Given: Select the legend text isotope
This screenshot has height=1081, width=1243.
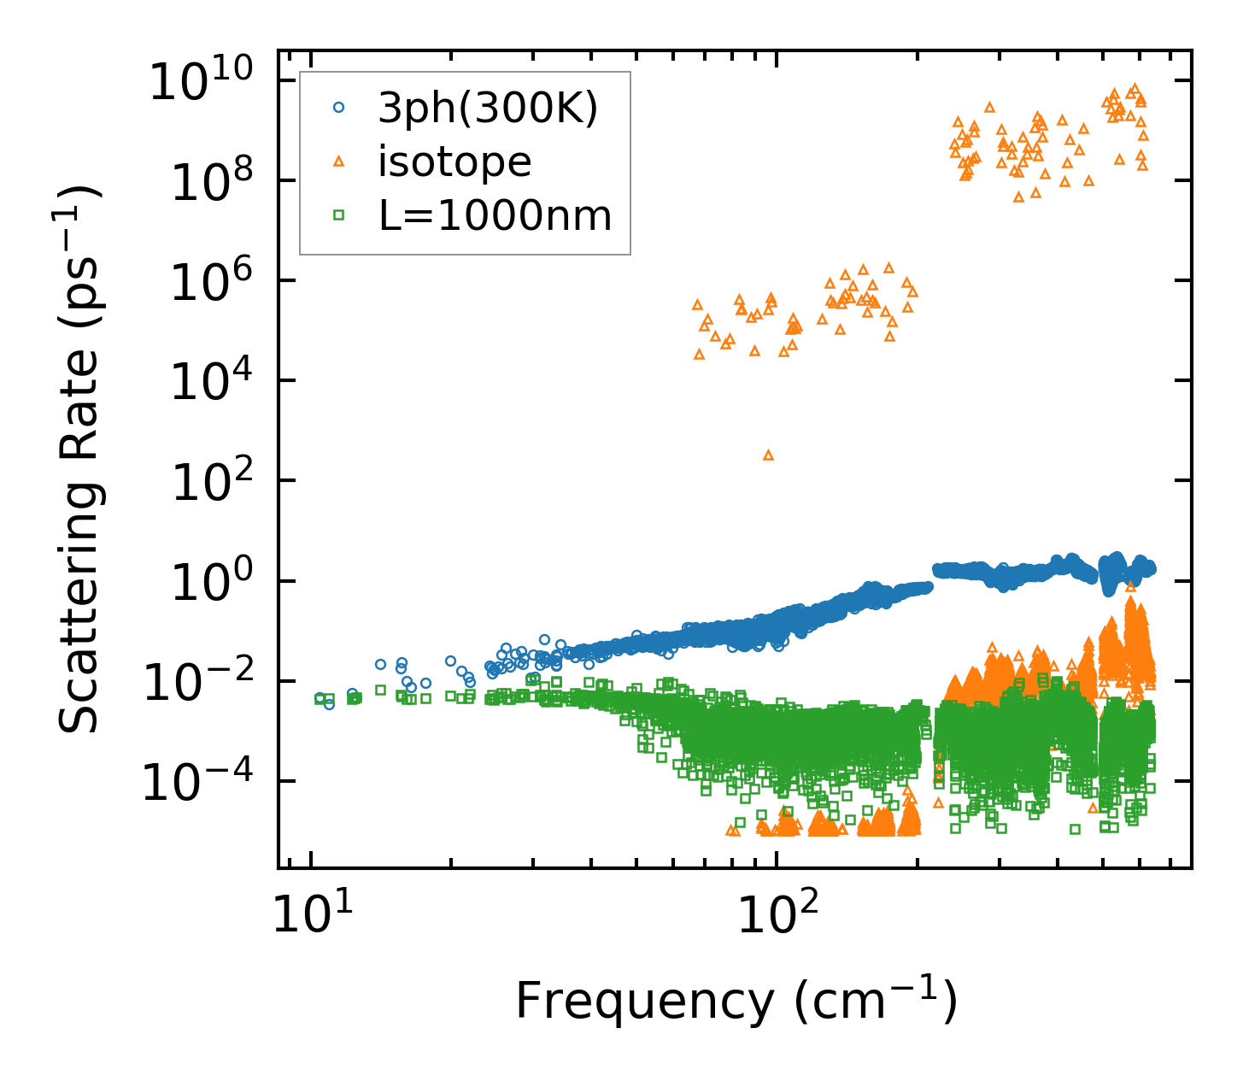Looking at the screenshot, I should pos(454,162).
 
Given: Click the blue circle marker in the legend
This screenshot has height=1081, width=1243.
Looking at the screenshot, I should pos(339,108).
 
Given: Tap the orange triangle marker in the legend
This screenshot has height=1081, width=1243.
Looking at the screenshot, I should pos(339,161).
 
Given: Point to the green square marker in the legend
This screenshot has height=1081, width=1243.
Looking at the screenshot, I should pos(339,215).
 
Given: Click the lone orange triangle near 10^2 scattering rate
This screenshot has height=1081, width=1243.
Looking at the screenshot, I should pos(768,455).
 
